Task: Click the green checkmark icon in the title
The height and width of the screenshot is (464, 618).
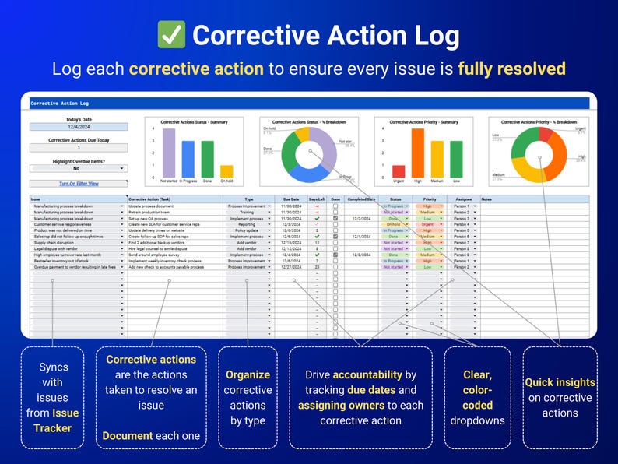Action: pyautogui.click(x=170, y=35)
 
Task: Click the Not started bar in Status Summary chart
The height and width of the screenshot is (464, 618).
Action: pyautogui.click(x=169, y=155)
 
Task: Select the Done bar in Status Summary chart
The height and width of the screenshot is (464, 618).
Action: pyautogui.click(x=207, y=160)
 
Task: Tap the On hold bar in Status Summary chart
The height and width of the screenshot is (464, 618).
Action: pyautogui.click(x=226, y=173)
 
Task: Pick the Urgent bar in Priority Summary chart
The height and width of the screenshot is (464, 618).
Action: pyautogui.click(x=399, y=173)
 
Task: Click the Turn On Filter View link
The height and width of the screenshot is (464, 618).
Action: pyautogui.click(x=79, y=184)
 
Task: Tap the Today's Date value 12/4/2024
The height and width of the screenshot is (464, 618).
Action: pyautogui.click(x=79, y=126)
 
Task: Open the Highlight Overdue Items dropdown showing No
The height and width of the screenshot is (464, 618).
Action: pyautogui.click(x=79, y=168)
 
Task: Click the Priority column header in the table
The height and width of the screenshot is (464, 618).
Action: pyautogui.click(x=430, y=199)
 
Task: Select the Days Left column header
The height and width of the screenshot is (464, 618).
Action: pyautogui.click(x=317, y=199)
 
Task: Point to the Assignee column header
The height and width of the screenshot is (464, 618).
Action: pyautogui.click(x=464, y=199)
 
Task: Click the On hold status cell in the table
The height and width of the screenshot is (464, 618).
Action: pyautogui.click(x=395, y=224)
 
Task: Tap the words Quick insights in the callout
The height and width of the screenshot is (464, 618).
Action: pyautogui.click(x=560, y=382)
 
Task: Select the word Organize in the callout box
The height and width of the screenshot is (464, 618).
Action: pyautogui.click(x=248, y=374)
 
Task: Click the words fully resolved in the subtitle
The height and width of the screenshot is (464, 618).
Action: pyautogui.click(x=511, y=69)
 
